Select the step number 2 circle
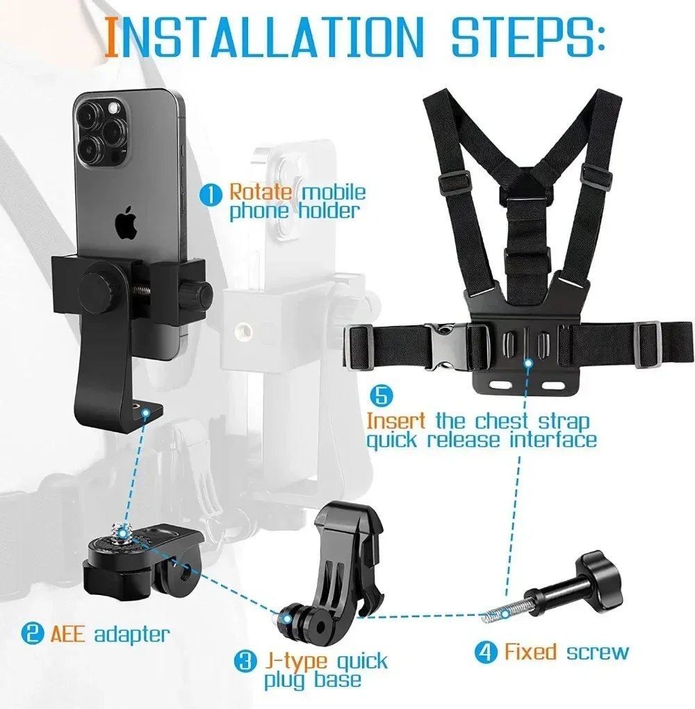coord(31,633)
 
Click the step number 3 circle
coord(245,660)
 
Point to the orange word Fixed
coord(530,652)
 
